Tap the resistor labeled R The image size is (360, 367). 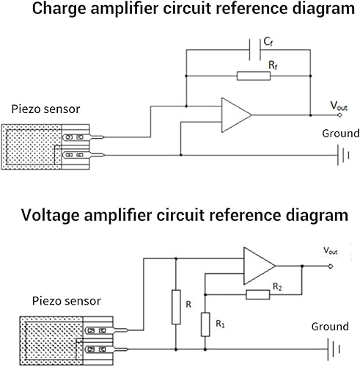click(x=176, y=307)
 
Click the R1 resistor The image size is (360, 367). click(x=205, y=323)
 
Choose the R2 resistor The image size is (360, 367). click(x=258, y=294)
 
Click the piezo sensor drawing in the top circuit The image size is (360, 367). click(x=48, y=147)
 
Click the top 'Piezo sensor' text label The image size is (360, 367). click(x=45, y=109)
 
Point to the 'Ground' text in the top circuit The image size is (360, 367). click(x=341, y=134)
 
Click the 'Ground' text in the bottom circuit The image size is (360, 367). click(x=330, y=327)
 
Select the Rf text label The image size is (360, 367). click(x=272, y=65)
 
